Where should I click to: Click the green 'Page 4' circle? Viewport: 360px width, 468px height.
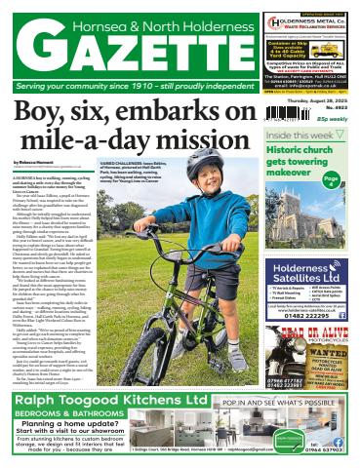pyautogui.click(x=332, y=179)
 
